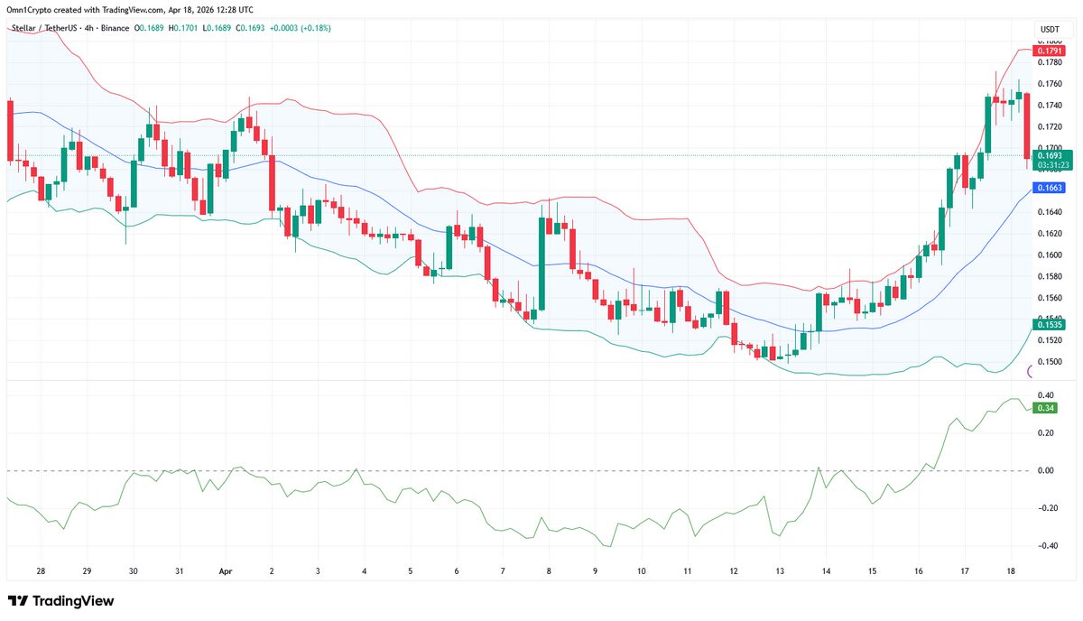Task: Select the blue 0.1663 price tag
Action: click(x=1050, y=188)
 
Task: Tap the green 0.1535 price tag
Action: click(x=1050, y=323)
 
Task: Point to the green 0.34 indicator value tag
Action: click(x=1045, y=408)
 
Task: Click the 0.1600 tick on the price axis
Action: click(x=1050, y=255)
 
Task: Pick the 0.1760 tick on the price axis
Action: click(x=1050, y=84)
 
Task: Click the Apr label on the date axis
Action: click(x=227, y=571)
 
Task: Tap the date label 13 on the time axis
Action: click(x=780, y=571)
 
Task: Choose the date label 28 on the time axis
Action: click(x=41, y=571)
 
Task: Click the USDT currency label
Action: click(x=1050, y=30)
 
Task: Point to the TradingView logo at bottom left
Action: click(x=61, y=601)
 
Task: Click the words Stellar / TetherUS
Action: click(x=44, y=28)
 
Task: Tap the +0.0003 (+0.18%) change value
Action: click(x=301, y=28)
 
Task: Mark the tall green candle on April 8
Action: click(x=543, y=263)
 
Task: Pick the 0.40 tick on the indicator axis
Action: click(x=1046, y=395)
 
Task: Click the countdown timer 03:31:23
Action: click(x=1053, y=165)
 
